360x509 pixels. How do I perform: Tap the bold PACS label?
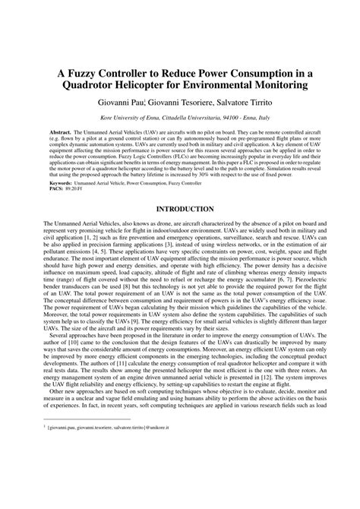[x=56, y=188]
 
